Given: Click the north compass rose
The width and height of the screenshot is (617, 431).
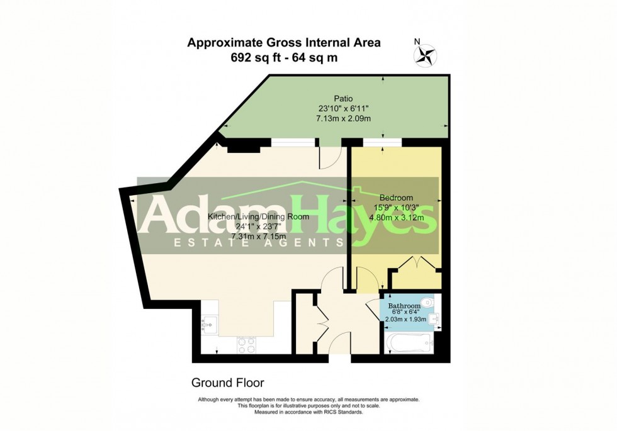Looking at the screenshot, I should click(x=424, y=54).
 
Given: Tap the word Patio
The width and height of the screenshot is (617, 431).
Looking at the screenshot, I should click(x=343, y=99).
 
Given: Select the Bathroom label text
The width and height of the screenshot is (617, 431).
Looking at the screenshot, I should click(x=404, y=306).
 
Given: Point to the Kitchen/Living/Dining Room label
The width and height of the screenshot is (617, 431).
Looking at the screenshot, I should click(x=258, y=216).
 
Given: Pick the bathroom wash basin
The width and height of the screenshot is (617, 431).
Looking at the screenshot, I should click(x=436, y=321).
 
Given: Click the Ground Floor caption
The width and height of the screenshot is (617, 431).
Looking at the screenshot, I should click(x=227, y=383).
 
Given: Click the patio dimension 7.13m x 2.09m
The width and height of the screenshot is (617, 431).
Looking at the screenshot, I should click(x=343, y=118).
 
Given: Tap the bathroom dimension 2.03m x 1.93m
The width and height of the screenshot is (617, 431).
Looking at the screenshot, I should click(x=405, y=320).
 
